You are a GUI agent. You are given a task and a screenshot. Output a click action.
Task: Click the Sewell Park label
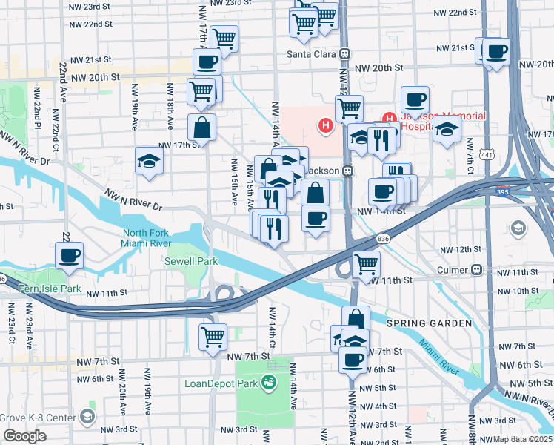pos(191,261)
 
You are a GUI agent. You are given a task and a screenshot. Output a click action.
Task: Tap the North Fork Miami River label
pos(147,238)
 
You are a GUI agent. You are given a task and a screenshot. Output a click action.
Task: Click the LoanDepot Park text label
pos(220,383)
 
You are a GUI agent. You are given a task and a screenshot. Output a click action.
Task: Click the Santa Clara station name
pos(312,54)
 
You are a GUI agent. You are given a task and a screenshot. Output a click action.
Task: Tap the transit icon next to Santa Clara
pos(344,54)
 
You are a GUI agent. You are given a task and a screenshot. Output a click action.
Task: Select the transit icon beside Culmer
pos(478,270)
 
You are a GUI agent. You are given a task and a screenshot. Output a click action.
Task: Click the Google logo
pos(24,436)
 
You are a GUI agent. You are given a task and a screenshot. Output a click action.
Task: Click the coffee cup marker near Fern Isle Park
pos(70,256)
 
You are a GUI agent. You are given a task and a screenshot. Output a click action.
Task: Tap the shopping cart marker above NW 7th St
pos(213,336)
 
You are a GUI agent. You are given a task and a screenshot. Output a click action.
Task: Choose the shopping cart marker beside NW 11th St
pos(366,263)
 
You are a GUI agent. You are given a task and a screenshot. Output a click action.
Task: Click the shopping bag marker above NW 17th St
pos(201,128)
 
